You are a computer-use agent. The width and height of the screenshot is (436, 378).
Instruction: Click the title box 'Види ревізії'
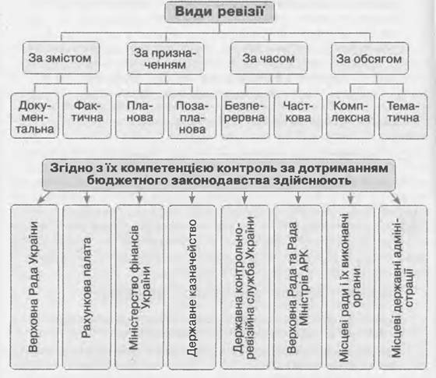pos(220,12)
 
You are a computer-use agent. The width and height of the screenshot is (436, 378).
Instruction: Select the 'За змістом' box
pos(61,58)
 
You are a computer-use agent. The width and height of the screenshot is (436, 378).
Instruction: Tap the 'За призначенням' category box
pos(165,58)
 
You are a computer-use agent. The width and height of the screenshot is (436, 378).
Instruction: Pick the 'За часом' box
pos(269,58)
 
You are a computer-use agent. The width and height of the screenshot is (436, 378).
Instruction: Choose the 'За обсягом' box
pos(370,58)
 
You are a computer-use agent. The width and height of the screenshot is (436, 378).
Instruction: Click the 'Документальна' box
pos(34,116)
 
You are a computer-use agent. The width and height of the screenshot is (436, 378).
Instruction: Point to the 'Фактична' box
pos(87,116)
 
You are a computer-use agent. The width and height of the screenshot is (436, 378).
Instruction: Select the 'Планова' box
pos(139,116)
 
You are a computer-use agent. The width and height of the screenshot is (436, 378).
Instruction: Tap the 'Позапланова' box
pos(192,116)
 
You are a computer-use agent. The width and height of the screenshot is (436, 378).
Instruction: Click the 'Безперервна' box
pos(245,116)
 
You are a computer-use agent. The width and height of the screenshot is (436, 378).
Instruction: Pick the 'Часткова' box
pos(297,116)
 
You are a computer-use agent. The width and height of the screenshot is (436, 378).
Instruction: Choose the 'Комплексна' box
pos(350,116)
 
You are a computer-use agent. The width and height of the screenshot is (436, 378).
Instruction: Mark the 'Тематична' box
pos(403,116)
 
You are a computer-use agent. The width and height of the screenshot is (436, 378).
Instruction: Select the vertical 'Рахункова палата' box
pos(86,288)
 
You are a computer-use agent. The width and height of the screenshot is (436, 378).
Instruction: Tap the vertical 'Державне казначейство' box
pos(192,288)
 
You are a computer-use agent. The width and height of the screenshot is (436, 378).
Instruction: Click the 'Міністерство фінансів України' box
pos(139,288)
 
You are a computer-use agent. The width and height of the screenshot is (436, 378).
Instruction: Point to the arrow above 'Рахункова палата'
pos(87,197)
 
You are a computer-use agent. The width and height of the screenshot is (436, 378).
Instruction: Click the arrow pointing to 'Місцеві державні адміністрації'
pos(395,197)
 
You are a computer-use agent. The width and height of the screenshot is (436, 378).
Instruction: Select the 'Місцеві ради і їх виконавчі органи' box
pos(350,288)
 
